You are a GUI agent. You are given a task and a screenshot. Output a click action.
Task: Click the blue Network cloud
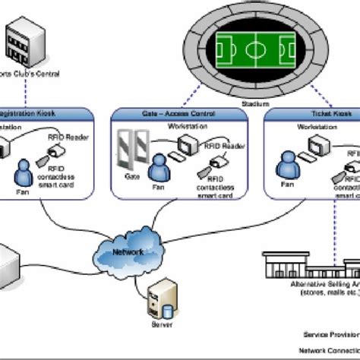[128, 251]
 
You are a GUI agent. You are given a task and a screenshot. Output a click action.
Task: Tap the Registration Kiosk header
[38, 113]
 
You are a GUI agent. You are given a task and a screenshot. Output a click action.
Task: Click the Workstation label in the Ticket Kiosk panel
[317, 128]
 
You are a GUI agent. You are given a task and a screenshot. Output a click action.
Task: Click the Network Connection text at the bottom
[327, 352]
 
